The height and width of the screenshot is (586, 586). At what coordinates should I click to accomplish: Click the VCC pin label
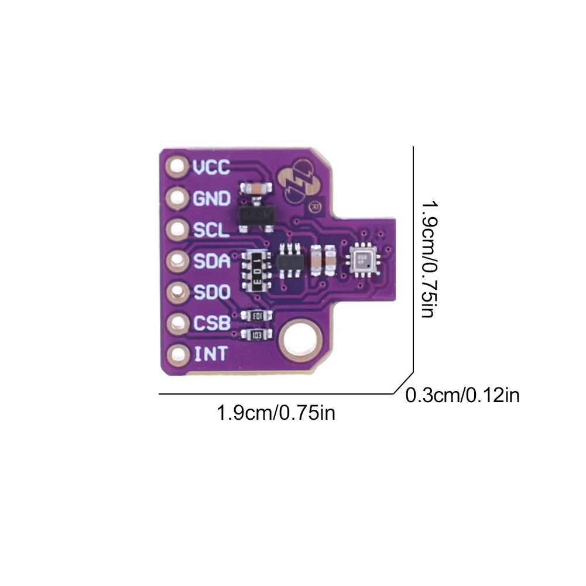211,168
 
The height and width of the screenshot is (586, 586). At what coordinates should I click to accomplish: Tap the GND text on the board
211,199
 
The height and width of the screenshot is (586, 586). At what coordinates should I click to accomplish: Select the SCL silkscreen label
211,230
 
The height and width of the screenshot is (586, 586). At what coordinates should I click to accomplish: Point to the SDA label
211,261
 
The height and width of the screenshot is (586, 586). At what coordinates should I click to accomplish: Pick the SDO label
211,292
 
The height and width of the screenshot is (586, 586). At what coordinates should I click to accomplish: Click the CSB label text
211,323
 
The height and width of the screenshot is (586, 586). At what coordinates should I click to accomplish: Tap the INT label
209,354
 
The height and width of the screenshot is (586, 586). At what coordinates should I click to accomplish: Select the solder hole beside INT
176,354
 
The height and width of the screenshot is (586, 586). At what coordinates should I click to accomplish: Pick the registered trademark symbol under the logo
314,206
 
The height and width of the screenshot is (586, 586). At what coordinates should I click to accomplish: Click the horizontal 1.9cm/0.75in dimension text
276,413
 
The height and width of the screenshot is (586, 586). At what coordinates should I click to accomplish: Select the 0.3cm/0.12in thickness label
462,396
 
